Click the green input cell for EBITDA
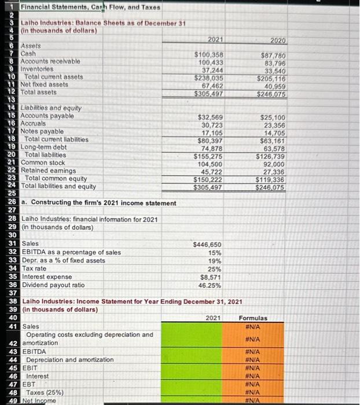[x=198, y=351]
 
